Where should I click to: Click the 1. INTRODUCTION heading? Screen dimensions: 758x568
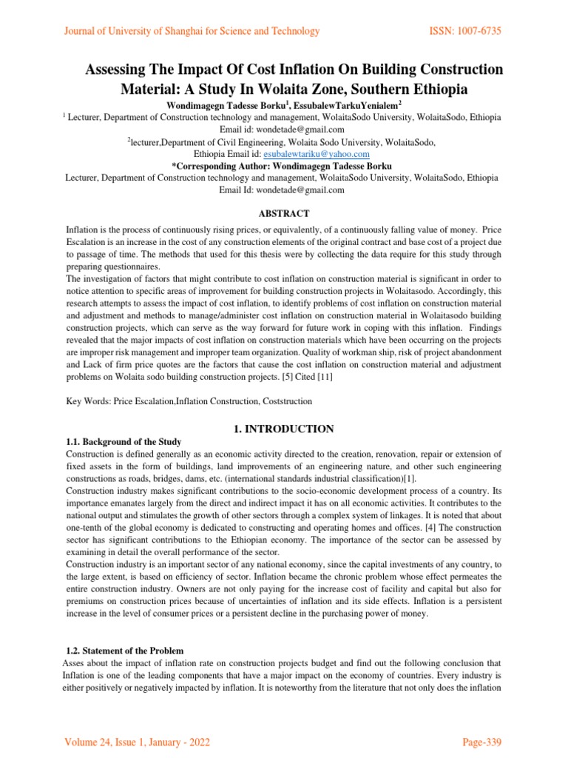coord(283,429)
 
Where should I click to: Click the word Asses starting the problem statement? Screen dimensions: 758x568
coord(74,663)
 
